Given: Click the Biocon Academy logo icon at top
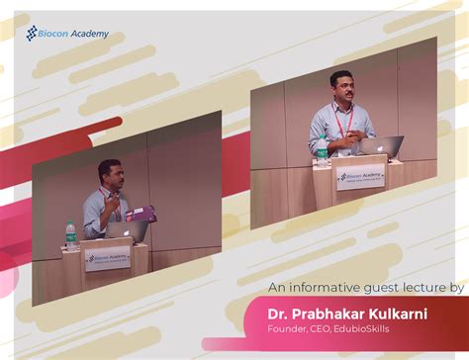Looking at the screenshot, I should [x=32, y=33].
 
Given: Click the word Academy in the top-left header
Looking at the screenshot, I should [x=88, y=34].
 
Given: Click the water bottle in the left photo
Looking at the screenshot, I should [x=70, y=235].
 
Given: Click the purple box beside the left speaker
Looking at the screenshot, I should [x=141, y=212].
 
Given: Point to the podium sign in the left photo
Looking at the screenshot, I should [x=107, y=258].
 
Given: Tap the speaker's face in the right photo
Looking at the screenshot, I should [x=342, y=87].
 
